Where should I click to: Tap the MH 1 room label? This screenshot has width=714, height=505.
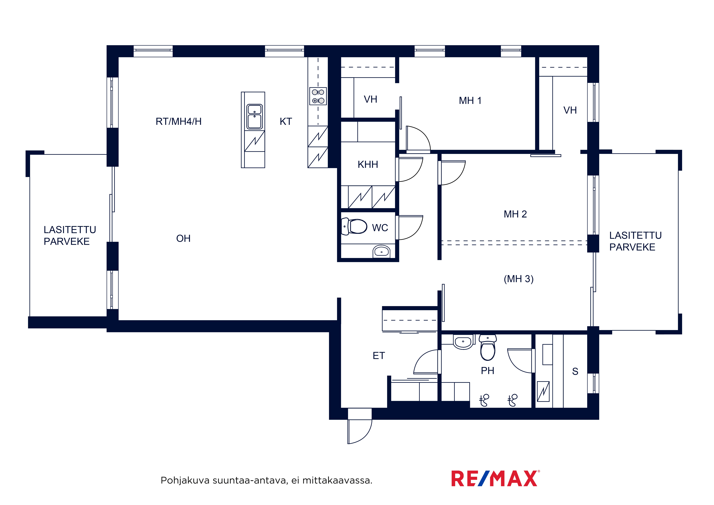click(470, 100)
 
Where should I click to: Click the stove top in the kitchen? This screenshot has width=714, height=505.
click(318, 96)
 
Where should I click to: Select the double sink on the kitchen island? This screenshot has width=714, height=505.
click(254, 117)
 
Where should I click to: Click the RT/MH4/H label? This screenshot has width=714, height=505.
click(178, 121)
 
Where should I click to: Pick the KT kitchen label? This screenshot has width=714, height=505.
click(286, 121)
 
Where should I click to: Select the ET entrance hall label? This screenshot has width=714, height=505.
click(379, 356)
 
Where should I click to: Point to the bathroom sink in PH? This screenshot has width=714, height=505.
click(463, 342)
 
